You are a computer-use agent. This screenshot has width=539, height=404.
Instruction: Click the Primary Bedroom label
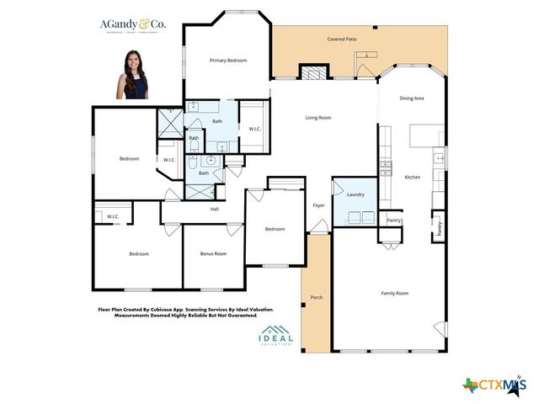tap(228, 61)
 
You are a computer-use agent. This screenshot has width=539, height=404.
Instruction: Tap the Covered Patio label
tap(341, 40)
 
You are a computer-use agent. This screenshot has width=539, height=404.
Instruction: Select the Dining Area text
tap(411, 98)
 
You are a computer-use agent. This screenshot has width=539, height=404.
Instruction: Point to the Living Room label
tap(318, 118)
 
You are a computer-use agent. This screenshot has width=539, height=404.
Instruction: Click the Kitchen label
tap(412, 178)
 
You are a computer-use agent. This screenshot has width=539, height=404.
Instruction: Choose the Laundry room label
tap(355, 194)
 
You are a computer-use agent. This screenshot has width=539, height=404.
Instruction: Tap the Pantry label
tap(393, 221)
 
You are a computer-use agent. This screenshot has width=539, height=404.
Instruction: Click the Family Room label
tap(394, 293)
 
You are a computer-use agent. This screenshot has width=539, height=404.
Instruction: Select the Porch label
tap(317, 298)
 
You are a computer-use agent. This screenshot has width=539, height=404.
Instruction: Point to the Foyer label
tap(319, 205)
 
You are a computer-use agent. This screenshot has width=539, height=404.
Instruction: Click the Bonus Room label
tap(213, 253)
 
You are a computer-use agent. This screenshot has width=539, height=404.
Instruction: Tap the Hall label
tap(215, 209)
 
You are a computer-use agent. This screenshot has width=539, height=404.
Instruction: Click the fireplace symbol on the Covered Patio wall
tap(313, 73)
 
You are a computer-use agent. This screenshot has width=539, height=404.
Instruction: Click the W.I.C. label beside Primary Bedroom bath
tap(253, 129)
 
